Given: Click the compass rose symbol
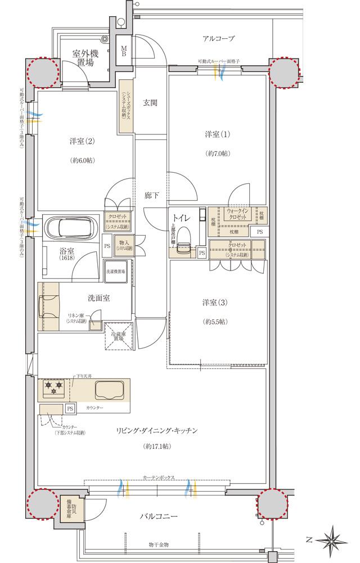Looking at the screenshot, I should [x=332, y=538].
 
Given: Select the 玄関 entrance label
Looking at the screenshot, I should [x=150, y=102].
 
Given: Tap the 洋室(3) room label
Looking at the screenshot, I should [x=215, y=303].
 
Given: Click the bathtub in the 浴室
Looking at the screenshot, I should [x=72, y=229].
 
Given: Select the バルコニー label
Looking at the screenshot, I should [x=162, y=516].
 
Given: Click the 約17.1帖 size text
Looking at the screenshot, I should [x=157, y=446].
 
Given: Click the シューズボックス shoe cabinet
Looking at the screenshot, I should [x=126, y=105].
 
